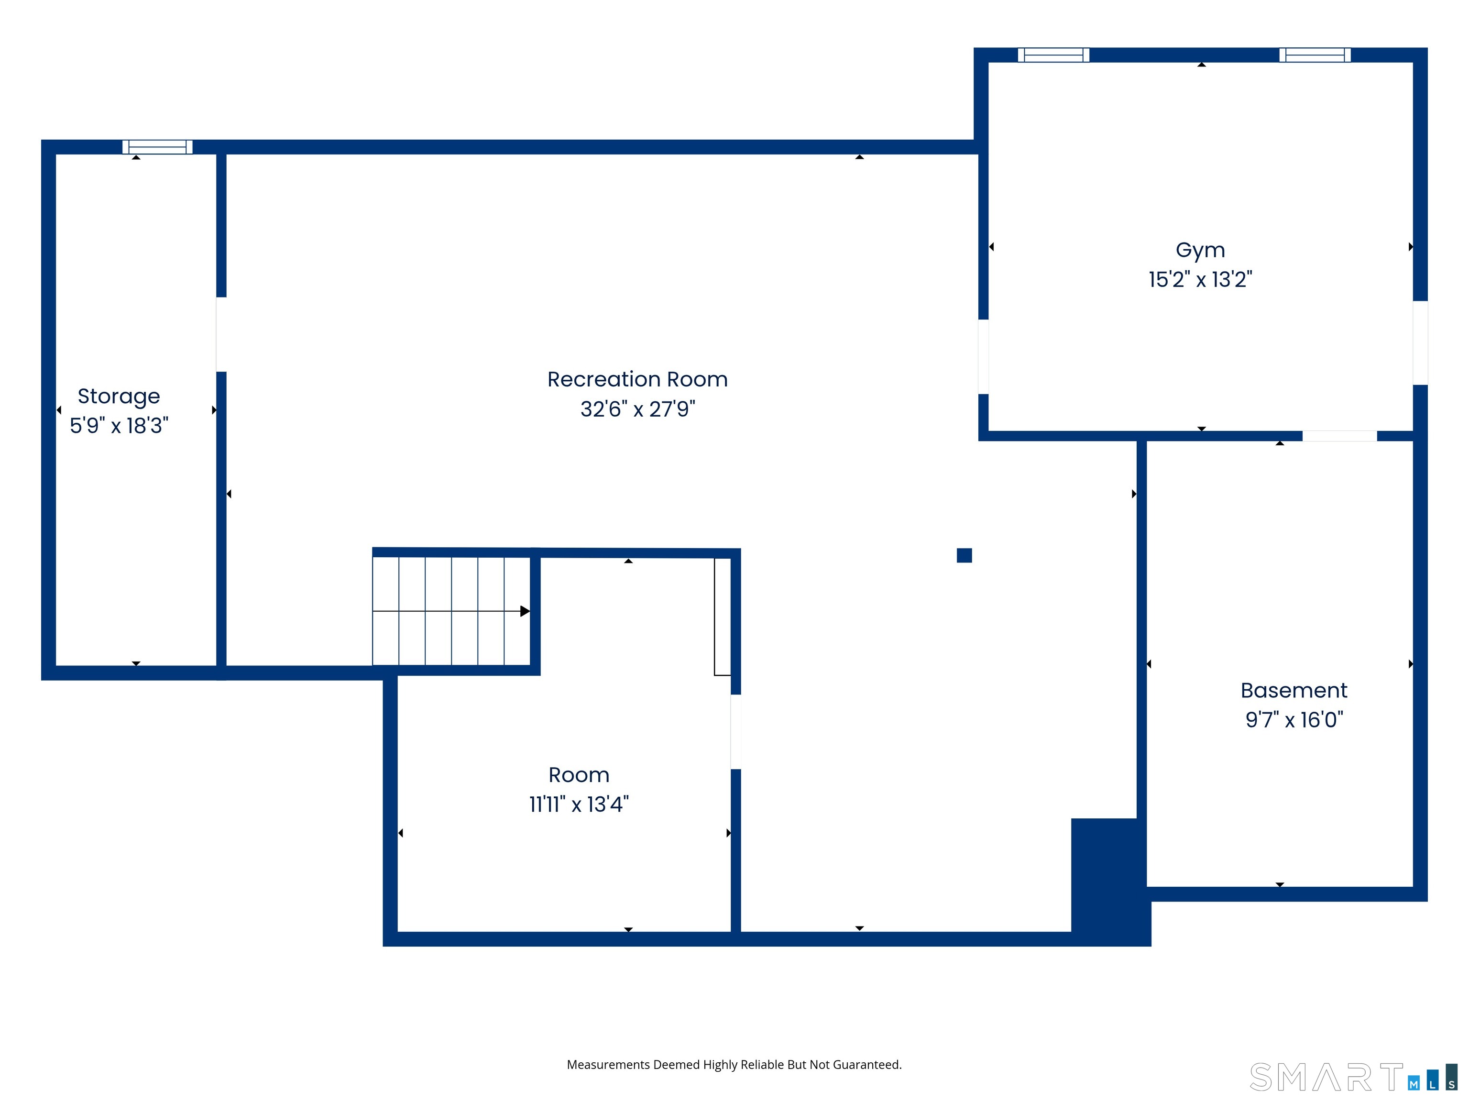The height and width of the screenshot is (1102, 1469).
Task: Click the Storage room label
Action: coord(119,397)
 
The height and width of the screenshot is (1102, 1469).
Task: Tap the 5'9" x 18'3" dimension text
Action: coord(119,425)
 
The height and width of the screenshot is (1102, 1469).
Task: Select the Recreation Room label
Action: coord(637,379)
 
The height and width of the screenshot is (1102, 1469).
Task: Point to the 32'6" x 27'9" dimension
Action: coord(637,408)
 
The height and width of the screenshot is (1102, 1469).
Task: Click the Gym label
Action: coord(1200,251)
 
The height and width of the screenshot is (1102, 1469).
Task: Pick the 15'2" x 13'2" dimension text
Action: coord(1200,279)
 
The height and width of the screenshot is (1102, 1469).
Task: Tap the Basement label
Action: coord(1294,690)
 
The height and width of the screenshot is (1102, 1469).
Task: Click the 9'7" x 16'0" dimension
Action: coord(1294,719)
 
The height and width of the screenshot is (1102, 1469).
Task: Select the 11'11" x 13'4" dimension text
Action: coord(579,804)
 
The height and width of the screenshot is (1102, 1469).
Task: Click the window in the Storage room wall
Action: coord(157,147)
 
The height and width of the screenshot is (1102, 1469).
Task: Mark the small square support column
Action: coord(965,555)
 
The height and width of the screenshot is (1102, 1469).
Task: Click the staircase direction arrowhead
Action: coord(525,611)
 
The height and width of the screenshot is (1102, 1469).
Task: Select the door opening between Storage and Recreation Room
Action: coord(221,334)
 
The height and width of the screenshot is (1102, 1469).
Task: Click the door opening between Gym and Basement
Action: coord(1339,436)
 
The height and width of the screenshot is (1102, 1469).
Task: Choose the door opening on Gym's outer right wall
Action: coord(1420,343)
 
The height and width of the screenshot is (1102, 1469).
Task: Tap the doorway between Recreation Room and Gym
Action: coord(984,357)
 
